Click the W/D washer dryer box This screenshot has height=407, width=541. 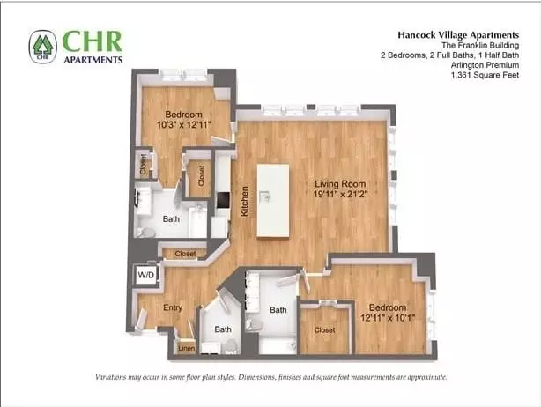pyautogui.click(x=146, y=275)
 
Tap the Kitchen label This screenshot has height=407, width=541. pyautogui.click(x=244, y=202)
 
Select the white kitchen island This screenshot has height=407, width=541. pyautogui.click(x=273, y=200)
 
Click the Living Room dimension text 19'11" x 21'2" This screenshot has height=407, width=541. pyautogui.click(x=340, y=194)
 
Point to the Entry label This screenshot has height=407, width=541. pyautogui.click(x=173, y=307)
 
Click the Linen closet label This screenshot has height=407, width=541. pyautogui.click(x=186, y=348)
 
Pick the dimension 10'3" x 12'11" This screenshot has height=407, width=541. pyautogui.click(x=183, y=124)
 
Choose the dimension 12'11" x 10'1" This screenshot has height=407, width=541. pyautogui.click(x=388, y=317)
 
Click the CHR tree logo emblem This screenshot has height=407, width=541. pyautogui.click(x=43, y=47)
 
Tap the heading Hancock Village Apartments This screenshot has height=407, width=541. pyautogui.click(x=458, y=35)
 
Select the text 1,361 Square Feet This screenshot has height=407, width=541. pyautogui.click(x=485, y=75)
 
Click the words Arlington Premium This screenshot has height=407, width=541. pyautogui.click(x=485, y=65)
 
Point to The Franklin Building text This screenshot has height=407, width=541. pyautogui.click(x=480, y=45)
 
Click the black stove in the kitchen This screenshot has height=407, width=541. pyautogui.click(x=223, y=200)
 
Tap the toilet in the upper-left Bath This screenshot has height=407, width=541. pyautogui.click(x=145, y=232)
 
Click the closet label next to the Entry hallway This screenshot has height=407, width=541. pyautogui.click(x=185, y=254)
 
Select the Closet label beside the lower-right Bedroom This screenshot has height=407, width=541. pyautogui.click(x=324, y=330)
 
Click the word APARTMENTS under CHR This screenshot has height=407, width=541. pyautogui.click(x=93, y=60)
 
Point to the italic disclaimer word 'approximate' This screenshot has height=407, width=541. pyautogui.click(x=427, y=377)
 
